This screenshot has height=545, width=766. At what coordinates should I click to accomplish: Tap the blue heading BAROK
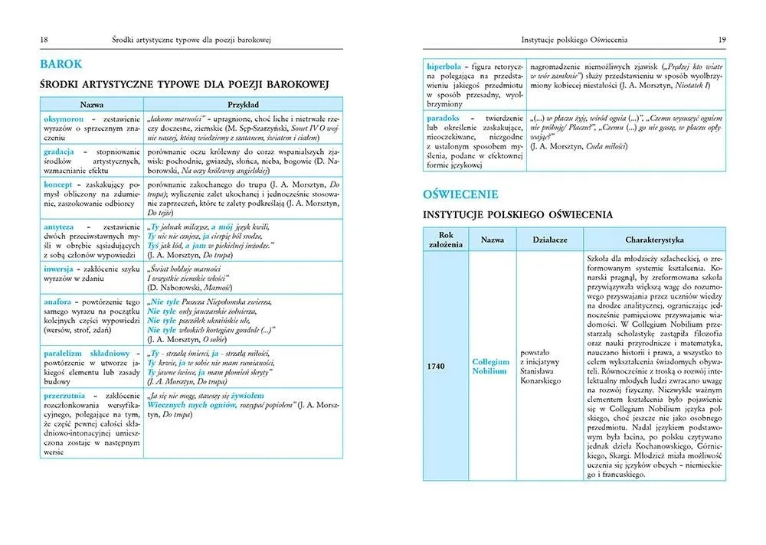click(61, 64)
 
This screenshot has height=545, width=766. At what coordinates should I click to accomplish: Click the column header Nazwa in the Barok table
click(90, 104)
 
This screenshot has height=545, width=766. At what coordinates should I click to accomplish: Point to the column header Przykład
click(244, 104)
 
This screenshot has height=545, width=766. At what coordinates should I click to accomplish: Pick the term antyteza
click(60, 227)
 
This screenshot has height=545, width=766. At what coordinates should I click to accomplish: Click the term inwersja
click(59, 269)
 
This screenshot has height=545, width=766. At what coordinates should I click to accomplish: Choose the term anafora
click(58, 302)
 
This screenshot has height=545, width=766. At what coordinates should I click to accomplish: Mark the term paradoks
click(444, 118)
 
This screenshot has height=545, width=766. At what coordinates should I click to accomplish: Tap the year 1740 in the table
click(437, 365)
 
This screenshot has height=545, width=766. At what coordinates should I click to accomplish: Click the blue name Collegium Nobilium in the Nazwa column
click(490, 366)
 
